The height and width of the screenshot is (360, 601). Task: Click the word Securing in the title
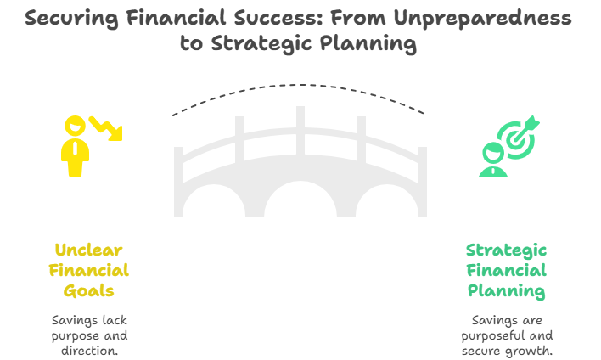pyautogui.click(x=71, y=19)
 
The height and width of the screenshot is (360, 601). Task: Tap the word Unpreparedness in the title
pyautogui.click(x=482, y=19)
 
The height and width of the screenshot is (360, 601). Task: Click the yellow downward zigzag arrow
pyautogui.click(x=107, y=128)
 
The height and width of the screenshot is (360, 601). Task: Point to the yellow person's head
pyautogui.click(x=75, y=126)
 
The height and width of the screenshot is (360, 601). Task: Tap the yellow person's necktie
pyautogui.click(x=76, y=148)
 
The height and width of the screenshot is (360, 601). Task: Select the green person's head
pyautogui.click(x=493, y=153)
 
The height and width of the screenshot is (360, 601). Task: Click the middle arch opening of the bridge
pyautogui.click(x=300, y=200)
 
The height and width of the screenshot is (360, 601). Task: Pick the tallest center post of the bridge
pyautogui.click(x=300, y=131)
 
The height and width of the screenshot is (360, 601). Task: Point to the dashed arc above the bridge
pyautogui.click(x=298, y=85)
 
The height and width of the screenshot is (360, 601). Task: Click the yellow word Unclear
pyautogui.click(x=88, y=250)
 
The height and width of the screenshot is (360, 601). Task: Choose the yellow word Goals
pyautogui.click(x=89, y=291)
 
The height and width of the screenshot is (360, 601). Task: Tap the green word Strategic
pyautogui.click(x=506, y=251)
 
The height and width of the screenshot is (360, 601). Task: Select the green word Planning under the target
pyautogui.click(x=506, y=291)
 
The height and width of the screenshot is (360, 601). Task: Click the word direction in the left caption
pyautogui.click(x=89, y=351)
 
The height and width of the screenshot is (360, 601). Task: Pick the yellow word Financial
pyautogui.click(x=89, y=271)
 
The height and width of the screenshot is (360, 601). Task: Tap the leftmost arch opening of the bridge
pyautogui.click(x=214, y=201)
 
